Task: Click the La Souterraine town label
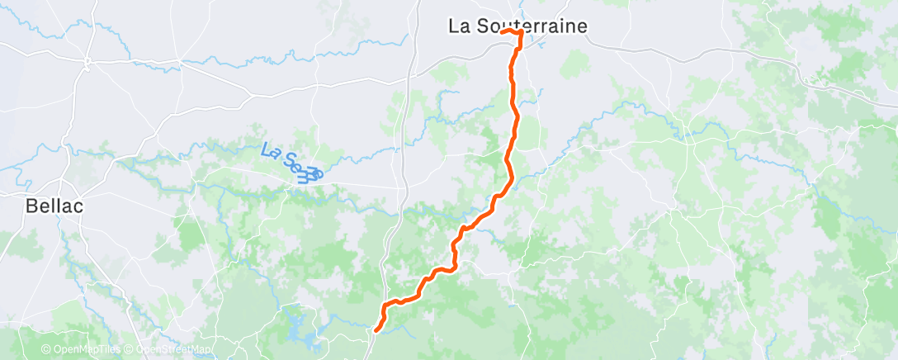[x=518, y=26]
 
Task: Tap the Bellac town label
[x=54, y=206]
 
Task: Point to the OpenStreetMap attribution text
[x=173, y=350]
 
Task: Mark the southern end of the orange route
[x=376, y=330]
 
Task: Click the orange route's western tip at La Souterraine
[x=503, y=31]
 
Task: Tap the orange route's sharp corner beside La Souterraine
[x=522, y=33]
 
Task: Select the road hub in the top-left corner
[x=87, y=60]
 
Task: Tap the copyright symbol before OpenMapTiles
[x=46, y=350]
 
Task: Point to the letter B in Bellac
[x=32, y=206]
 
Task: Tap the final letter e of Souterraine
[x=583, y=26]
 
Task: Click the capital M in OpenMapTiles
[x=85, y=350]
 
